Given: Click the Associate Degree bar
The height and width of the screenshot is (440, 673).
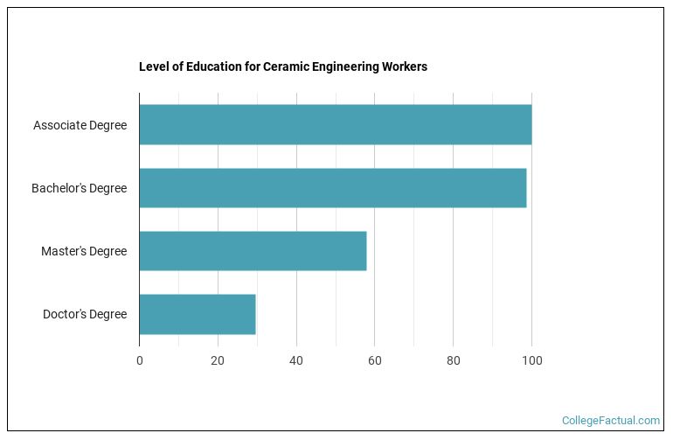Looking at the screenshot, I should coord(335,125).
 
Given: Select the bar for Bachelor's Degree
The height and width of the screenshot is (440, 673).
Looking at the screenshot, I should coord(332,188).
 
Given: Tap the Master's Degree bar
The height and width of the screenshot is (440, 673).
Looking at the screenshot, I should coord(253,251).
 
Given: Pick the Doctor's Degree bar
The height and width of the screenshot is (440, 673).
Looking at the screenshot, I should coord(197,314).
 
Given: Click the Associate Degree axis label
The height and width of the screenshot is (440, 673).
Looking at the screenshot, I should coord(80,125).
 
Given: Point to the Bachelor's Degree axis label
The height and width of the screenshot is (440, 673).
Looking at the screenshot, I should coord(79,188).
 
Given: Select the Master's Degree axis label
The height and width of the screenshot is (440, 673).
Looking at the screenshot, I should coord(84,251).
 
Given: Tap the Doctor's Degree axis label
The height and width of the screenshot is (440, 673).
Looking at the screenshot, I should coord(85,314).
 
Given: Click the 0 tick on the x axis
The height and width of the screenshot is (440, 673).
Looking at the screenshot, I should coord(139,360).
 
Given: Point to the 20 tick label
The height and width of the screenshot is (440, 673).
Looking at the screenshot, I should coord(218,360).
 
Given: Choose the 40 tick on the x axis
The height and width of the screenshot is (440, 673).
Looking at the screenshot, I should coord(296,360).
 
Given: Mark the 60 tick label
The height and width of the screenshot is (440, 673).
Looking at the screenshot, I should coord(375,360).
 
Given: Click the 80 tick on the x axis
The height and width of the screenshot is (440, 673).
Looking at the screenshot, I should coord(453,360).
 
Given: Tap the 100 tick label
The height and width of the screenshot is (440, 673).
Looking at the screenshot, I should coord(531,360).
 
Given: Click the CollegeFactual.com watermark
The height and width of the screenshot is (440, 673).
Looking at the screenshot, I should coord(610,421).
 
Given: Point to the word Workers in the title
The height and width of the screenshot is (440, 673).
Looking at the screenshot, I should coord(404,66).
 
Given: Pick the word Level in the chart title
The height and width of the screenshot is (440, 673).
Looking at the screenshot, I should coord(153,66).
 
